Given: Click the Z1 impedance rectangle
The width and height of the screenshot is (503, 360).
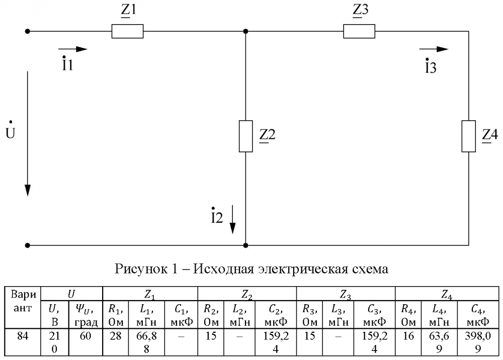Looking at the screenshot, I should coord(127,31).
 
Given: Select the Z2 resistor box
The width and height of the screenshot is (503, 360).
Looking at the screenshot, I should coord(245,136).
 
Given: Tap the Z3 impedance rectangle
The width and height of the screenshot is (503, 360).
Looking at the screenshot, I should coord(359,31).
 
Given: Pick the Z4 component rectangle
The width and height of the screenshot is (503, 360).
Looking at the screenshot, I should coord(468,136).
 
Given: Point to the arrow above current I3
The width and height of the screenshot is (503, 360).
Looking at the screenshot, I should coord(434,49).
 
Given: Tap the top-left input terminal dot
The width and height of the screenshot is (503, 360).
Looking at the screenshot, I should coord(28,31).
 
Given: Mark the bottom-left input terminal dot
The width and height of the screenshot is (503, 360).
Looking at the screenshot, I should coord(28,246).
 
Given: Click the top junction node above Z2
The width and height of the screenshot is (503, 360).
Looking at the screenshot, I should coord(245,31).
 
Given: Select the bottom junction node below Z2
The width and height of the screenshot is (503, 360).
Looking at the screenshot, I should coord(245,246).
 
